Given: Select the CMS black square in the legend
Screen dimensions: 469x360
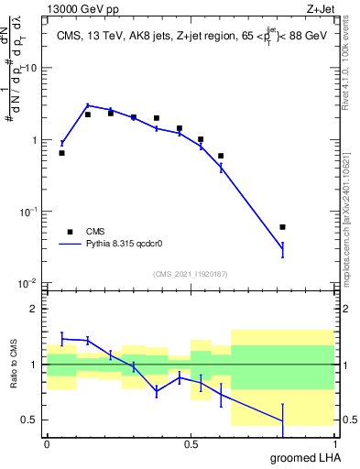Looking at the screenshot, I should (x=69, y=232).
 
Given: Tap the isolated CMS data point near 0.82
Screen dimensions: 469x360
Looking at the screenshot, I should (x=282, y=226).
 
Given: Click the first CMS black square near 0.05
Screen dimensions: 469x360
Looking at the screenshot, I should (x=61, y=153).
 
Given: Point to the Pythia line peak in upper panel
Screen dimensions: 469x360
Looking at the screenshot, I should (x=88, y=105).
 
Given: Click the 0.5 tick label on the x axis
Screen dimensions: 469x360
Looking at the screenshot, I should (x=190, y=443).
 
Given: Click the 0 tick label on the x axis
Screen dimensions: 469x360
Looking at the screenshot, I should (x=47, y=443).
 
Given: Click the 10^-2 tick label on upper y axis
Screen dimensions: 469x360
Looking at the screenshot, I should (x=28, y=283).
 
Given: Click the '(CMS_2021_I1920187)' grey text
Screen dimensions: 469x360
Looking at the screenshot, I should (x=190, y=274).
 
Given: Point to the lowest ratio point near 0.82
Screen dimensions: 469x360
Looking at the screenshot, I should (x=282, y=421).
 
